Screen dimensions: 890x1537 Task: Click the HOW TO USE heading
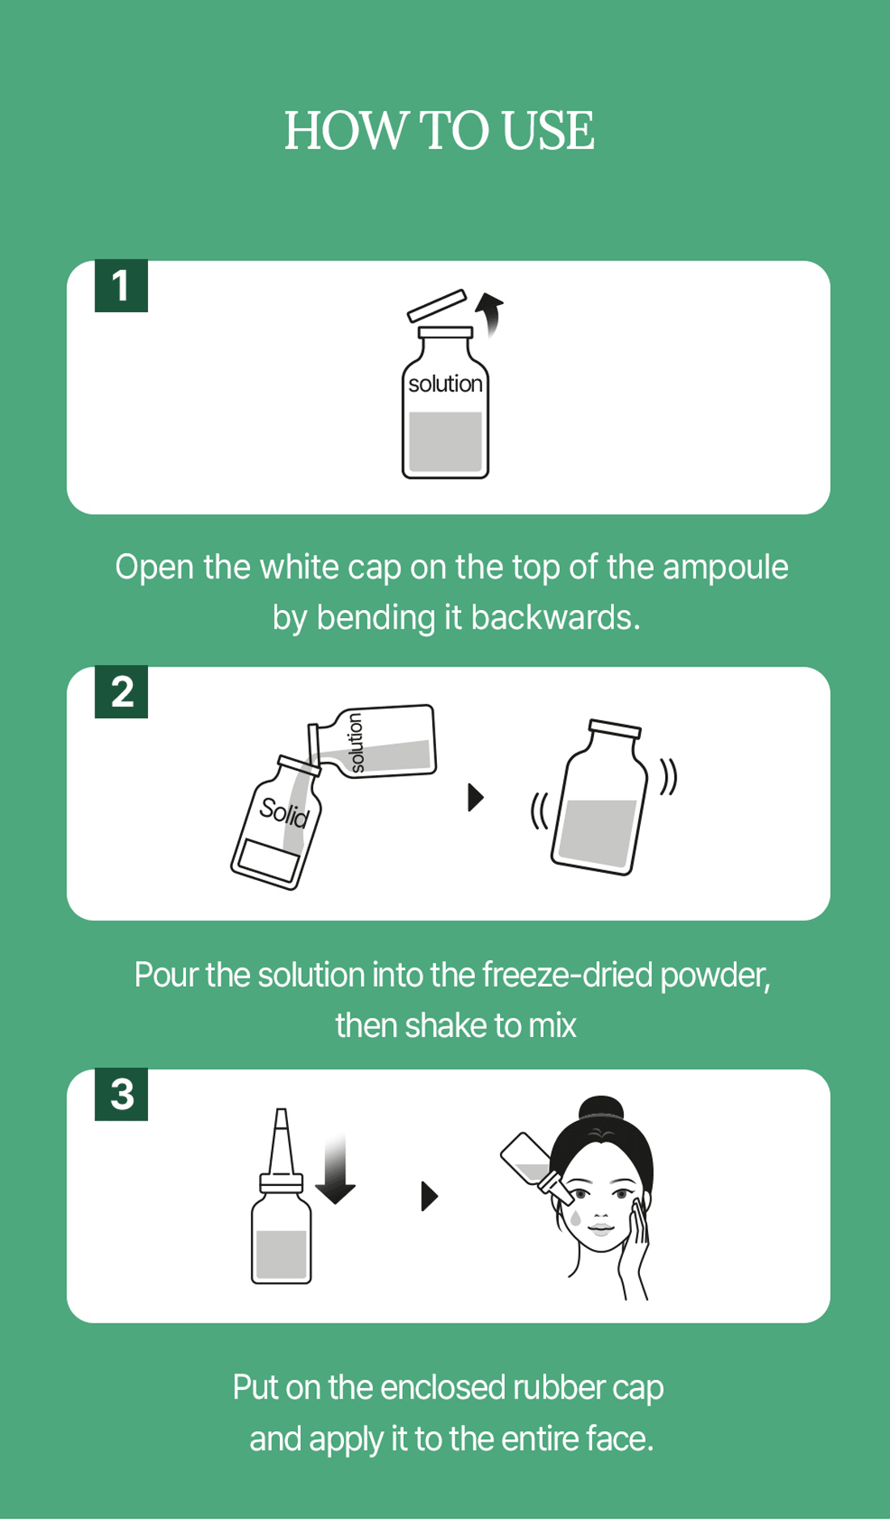tap(439, 130)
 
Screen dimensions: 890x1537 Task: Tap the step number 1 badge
tap(121, 286)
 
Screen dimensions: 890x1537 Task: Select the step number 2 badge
tap(121, 692)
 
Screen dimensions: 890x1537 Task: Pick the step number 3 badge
tap(121, 1095)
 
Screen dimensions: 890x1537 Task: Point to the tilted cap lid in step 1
tap(438, 306)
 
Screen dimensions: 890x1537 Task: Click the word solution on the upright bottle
tap(445, 383)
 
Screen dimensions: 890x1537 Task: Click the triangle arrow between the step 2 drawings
tap(476, 798)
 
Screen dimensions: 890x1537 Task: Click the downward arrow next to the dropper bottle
tap(335, 1169)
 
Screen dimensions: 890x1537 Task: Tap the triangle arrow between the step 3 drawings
tap(430, 1196)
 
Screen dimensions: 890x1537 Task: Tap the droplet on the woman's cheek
tap(575, 1216)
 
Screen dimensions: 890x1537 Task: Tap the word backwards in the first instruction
tap(555, 618)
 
